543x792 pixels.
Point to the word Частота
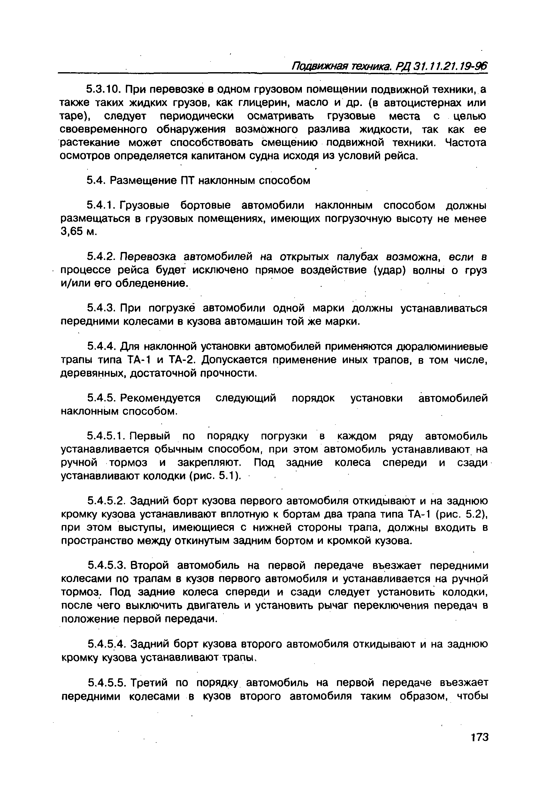click(466, 142)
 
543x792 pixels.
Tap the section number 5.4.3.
click(101, 308)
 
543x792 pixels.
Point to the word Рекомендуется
click(161, 398)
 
